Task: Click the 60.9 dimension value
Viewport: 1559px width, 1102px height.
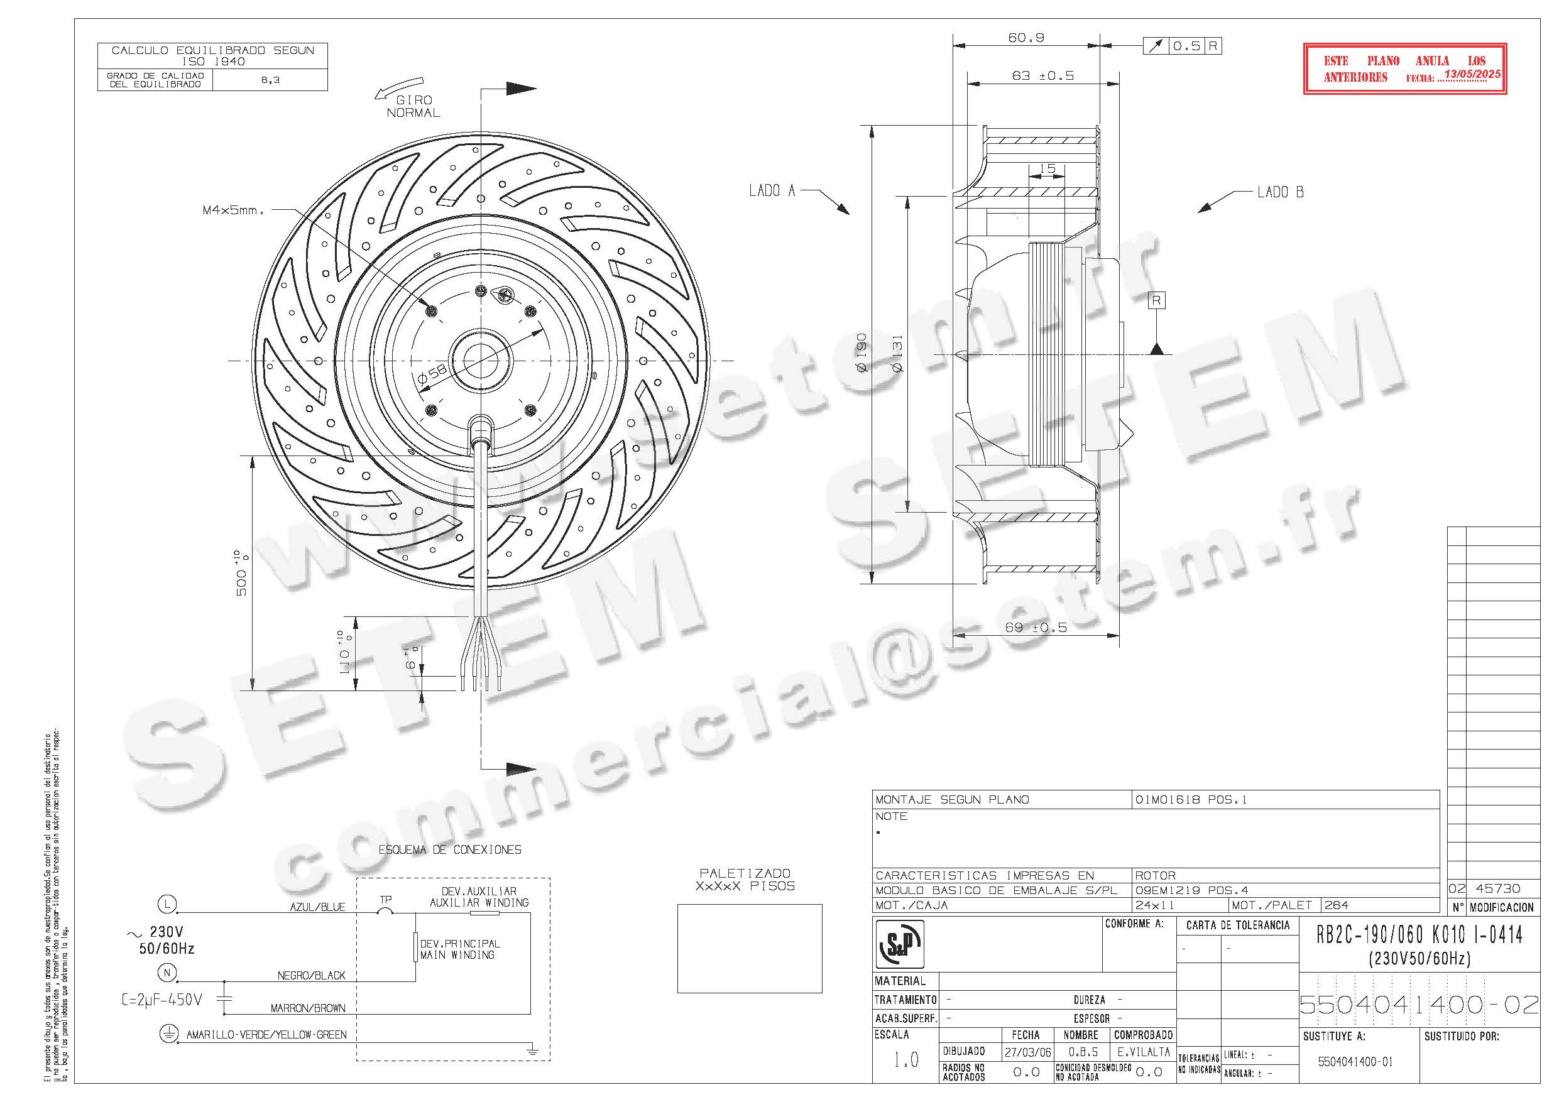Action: click(x=1026, y=38)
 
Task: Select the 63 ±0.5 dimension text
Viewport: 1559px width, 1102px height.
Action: click(x=1042, y=76)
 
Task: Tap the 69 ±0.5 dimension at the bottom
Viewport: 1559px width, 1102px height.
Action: click(x=1035, y=628)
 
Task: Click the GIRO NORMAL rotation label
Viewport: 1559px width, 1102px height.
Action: click(x=413, y=107)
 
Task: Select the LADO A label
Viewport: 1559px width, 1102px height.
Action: click(x=772, y=192)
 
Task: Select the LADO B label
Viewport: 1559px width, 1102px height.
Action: click(x=1280, y=192)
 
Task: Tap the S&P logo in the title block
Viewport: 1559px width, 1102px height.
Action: click(x=900, y=944)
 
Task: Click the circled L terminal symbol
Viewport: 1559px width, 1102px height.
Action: click(x=167, y=903)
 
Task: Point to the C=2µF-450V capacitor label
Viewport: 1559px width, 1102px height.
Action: click(x=161, y=1000)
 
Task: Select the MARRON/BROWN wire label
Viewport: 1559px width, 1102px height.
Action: click(x=308, y=1008)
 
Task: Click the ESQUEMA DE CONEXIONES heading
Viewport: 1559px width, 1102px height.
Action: click(x=449, y=849)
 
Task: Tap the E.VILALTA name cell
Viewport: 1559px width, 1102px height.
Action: click(x=1144, y=1052)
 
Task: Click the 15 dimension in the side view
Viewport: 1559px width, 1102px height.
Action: click(x=1047, y=168)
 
